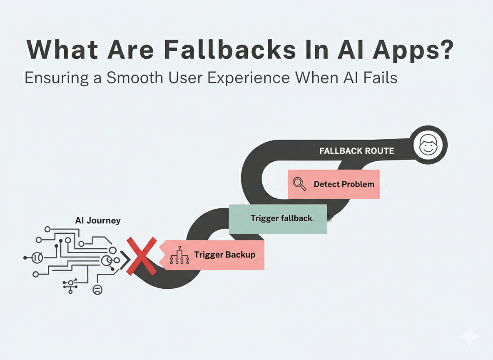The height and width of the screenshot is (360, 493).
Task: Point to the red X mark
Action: (x=141, y=256)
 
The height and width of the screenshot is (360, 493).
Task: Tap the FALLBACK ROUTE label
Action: (x=356, y=151)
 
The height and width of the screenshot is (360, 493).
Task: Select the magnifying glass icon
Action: (x=299, y=184)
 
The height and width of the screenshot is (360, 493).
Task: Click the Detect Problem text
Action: (x=344, y=184)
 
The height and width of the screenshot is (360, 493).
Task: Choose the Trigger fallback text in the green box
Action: (x=281, y=218)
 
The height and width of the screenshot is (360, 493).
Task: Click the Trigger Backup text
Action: (x=224, y=255)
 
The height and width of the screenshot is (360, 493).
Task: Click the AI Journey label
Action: (x=98, y=220)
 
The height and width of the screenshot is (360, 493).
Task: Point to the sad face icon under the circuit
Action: (x=97, y=290)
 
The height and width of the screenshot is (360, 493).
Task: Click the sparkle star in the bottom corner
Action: (x=469, y=336)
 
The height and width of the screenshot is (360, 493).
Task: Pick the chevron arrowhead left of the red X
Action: (x=124, y=262)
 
